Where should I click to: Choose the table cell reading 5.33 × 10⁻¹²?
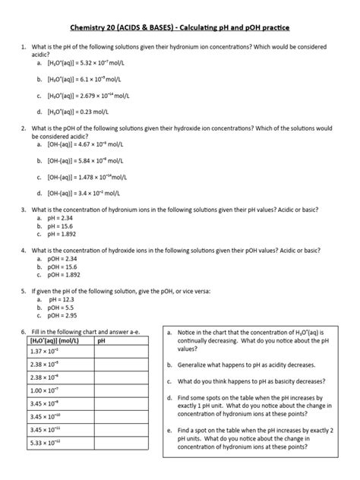[43, 443]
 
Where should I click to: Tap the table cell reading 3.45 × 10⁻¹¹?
[43, 430]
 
